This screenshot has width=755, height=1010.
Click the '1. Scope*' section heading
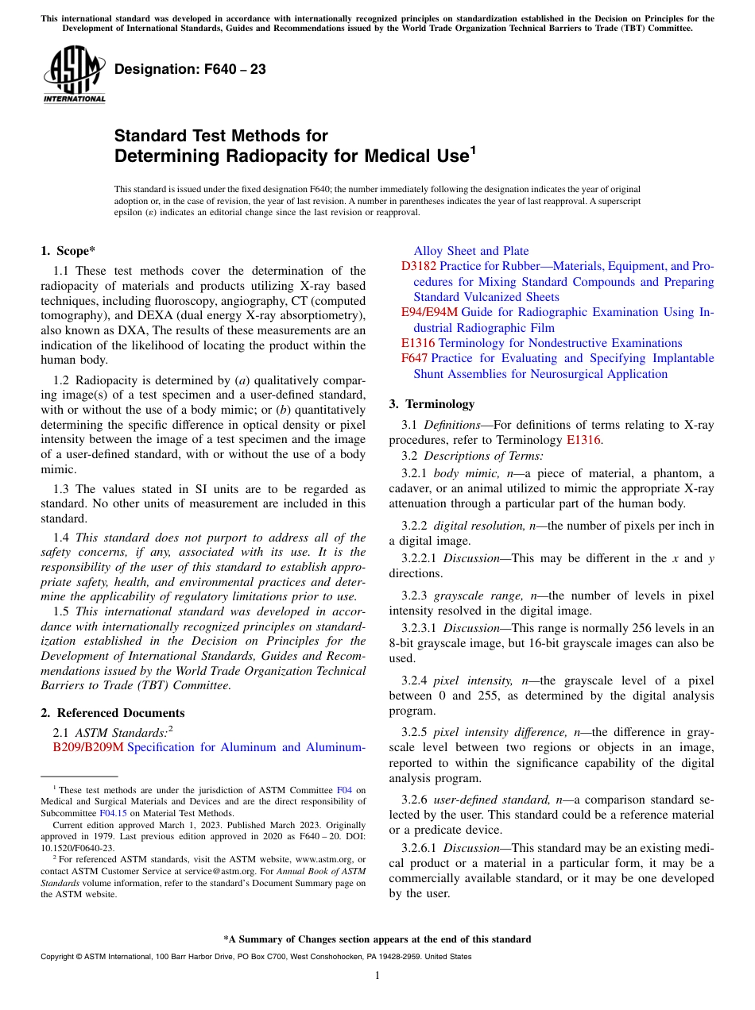(68, 251)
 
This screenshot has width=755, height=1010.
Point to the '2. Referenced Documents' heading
(112, 713)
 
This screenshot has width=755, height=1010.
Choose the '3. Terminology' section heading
(432, 404)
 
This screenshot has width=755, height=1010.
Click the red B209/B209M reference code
(88, 747)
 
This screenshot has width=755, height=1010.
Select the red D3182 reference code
(419, 267)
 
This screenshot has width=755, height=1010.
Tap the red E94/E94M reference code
(429, 313)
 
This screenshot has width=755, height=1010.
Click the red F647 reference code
(415, 359)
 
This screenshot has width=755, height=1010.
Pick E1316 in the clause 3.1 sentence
(583, 441)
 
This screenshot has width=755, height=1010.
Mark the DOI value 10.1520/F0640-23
(76, 847)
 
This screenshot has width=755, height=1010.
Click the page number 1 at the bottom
(377, 976)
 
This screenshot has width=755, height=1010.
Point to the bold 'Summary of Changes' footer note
(377, 939)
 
